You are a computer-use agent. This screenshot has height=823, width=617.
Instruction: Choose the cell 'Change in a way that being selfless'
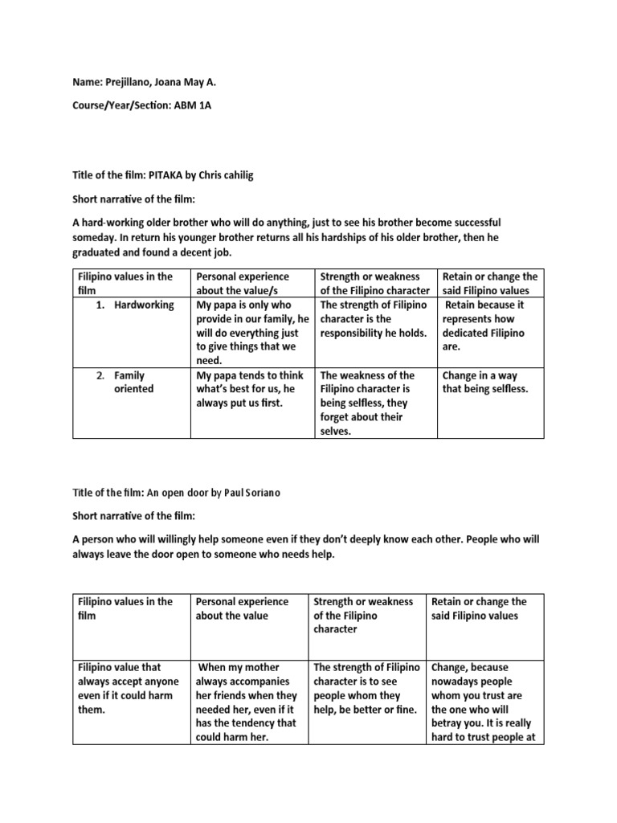pyautogui.click(x=484, y=382)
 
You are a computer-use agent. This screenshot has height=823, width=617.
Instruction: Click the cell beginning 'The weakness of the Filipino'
pyautogui.click(x=367, y=403)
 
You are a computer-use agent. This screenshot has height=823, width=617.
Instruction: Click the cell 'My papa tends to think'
pyautogui.click(x=250, y=388)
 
